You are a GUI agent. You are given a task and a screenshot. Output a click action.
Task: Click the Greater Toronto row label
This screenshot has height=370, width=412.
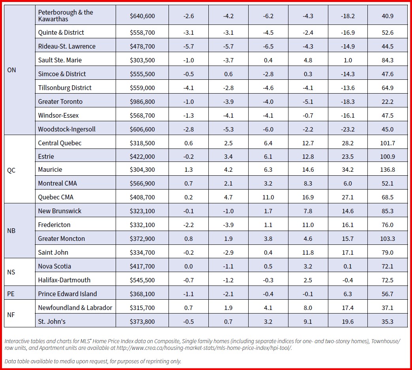(60, 101)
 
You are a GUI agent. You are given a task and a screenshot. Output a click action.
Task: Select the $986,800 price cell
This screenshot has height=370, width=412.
(142, 102)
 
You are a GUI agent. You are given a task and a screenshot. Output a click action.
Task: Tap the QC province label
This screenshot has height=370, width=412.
(11, 170)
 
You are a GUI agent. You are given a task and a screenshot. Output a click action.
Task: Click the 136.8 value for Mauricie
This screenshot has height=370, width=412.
(388, 170)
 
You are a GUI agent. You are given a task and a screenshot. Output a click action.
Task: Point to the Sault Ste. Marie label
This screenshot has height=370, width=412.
(60, 60)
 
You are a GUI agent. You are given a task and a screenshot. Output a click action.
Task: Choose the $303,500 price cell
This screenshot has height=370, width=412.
(142, 60)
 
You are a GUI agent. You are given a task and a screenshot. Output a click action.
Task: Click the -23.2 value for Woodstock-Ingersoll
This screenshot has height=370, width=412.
(348, 130)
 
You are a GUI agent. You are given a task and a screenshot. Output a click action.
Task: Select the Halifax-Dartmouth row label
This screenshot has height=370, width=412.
(64, 280)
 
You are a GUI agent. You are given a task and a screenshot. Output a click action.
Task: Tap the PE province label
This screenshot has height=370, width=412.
(11, 294)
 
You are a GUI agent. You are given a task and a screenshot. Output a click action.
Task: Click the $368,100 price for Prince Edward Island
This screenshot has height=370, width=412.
(142, 294)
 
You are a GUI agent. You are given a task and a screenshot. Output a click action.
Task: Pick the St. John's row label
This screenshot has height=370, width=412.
(52, 321)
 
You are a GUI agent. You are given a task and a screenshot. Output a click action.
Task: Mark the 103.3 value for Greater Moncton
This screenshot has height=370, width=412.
(388, 239)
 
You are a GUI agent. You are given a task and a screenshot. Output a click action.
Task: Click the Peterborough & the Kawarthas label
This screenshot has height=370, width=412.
(66, 15)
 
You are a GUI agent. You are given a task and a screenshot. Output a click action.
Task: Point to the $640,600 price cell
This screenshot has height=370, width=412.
(142, 16)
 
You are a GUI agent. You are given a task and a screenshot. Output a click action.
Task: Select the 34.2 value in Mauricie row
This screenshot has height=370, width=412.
(348, 170)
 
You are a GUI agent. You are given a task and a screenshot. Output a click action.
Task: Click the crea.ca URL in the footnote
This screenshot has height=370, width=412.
(204, 348)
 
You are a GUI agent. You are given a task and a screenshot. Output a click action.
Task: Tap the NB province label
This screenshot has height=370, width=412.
(11, 231)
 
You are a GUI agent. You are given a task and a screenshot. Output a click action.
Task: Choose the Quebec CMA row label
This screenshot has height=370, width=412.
(56, 197)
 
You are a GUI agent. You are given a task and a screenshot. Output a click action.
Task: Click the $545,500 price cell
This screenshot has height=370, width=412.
(142, 280)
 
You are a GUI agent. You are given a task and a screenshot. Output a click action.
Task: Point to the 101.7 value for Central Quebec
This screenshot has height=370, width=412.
(388, 143)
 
